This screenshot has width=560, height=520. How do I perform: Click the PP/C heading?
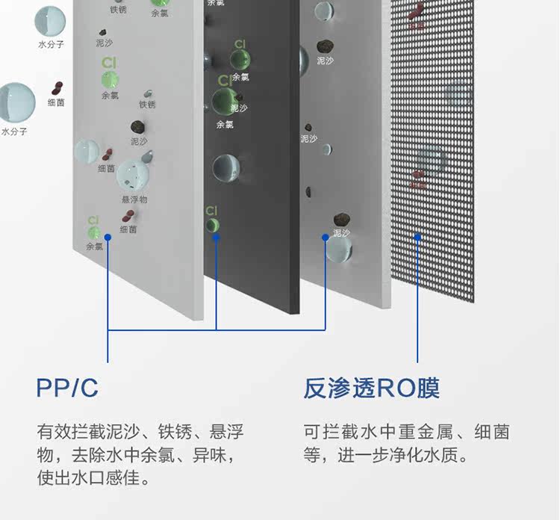(67, 389)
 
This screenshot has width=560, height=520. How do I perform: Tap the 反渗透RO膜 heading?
(371, 389)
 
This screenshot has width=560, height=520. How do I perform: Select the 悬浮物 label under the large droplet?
(134, 199)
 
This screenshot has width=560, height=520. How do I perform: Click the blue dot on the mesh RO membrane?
(418, 237)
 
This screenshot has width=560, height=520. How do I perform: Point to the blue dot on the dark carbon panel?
(217, 237)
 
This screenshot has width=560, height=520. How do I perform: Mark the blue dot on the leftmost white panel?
(108, 237)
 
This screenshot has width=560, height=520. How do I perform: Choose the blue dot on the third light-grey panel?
(326, 237)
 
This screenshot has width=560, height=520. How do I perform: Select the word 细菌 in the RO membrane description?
(492, 432)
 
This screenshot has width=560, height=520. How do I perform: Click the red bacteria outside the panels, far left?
(57, 88)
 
